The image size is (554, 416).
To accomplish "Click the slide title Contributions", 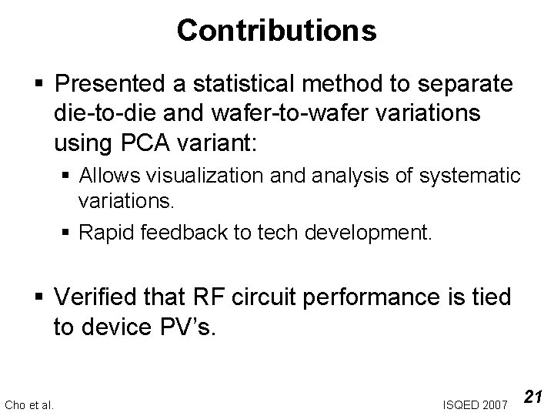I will point(276,30).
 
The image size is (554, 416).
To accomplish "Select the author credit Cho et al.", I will point(29,404).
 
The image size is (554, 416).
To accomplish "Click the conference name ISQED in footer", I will point(461,404).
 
